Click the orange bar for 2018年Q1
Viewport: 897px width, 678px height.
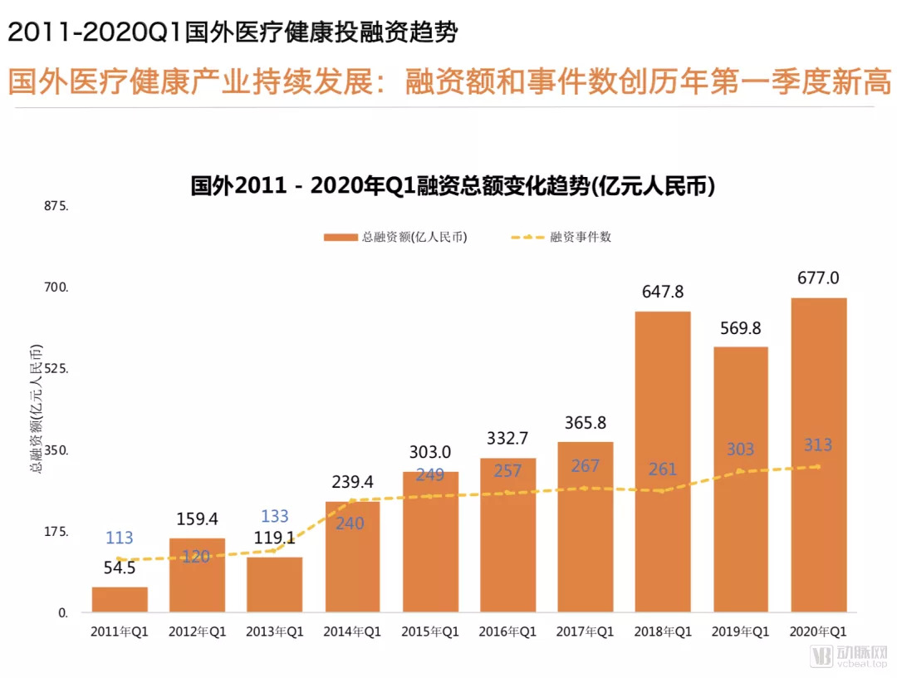point(663,461)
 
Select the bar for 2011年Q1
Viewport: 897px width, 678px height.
point(120,600)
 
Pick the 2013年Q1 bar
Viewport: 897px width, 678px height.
point(275,585)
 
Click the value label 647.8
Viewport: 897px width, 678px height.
point(663,292)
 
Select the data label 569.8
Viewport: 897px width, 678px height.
point(740,328)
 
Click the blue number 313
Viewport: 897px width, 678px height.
point(818,445)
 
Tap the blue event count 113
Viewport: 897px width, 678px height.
point(120,538)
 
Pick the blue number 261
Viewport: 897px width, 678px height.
point(663,469)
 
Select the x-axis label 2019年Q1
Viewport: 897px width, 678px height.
point(740,632)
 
